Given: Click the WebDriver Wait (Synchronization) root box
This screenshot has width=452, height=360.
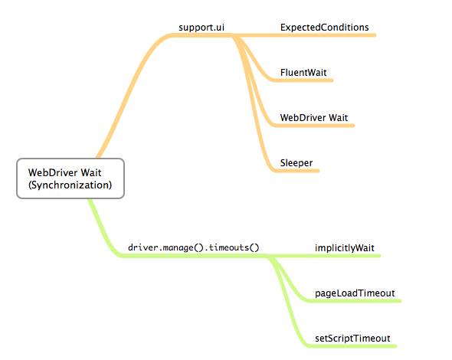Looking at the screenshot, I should coord(70,178).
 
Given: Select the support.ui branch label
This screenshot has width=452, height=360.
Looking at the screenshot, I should coord(202,28).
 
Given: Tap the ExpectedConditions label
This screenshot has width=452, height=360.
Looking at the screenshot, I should coord(324,28).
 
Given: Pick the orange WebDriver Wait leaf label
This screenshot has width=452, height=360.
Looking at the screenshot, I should coord(314,117).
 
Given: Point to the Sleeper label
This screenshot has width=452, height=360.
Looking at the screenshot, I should coord(296,162).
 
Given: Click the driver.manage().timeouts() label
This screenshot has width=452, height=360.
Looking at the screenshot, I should coord(194,247).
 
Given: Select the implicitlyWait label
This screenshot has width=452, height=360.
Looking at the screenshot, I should coord(344,248).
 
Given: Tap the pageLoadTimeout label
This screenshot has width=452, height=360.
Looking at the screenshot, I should coord(355,293).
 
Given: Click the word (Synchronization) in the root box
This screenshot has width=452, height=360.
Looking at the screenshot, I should coord(70,185).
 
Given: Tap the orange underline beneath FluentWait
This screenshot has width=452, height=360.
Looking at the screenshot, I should coord(306,81).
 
